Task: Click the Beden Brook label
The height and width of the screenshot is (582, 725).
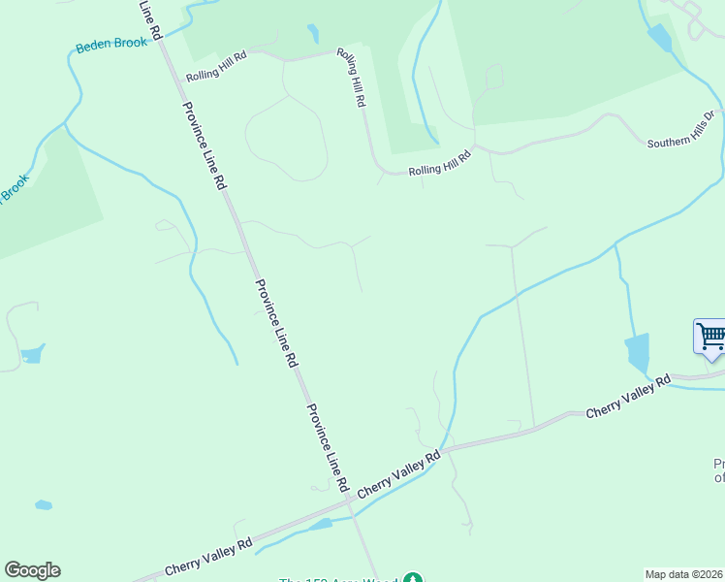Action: pyautogui.click(x=111, y=44)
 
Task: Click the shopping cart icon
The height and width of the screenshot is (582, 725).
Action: pyautogui.click(x=711, y=337)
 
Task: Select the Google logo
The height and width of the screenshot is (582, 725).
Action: pyautogui.click(x=32, y=570)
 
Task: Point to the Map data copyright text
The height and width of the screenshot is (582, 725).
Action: pyautogui.click(x=684, y=574)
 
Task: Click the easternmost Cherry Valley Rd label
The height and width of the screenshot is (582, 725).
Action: pyautogui.click(x=628, y=398)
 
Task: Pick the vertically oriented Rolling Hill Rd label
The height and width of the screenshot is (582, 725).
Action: pyautogui.click(x=350, y=77)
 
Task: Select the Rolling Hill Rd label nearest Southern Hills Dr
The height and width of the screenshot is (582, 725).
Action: pyautogui.click(x=439, y=162)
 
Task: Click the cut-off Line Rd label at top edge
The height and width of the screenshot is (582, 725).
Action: pyautogui.click(x=146, y=13)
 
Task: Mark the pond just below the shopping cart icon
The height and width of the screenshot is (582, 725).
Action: pyautogui.click(x=637, y=353)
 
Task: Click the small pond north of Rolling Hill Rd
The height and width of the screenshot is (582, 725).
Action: pyautogui.click(x=313, y=34)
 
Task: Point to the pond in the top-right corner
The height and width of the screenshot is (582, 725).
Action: pyautogui.click(x=659, y=38)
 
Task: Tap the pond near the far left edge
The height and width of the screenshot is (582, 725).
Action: pyautogui.click(x=32, y=354)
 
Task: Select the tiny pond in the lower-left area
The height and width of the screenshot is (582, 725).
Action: pyautogui.click(x=43, y=505)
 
